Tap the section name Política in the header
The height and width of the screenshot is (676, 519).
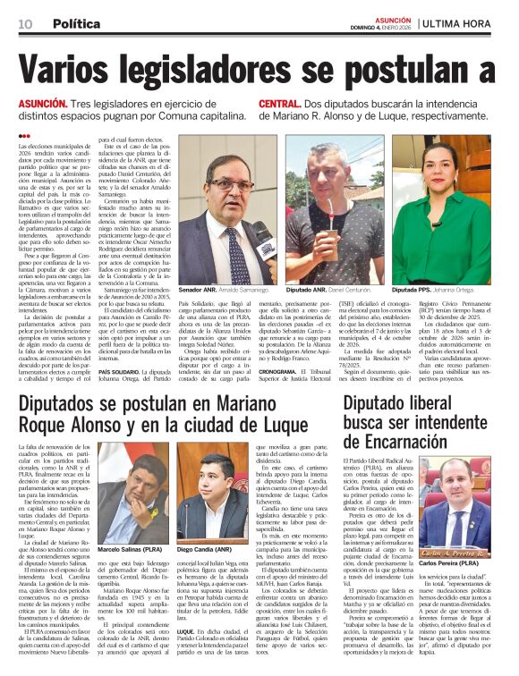[76, 23]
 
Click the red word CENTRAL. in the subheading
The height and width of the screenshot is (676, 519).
[280, 105]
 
